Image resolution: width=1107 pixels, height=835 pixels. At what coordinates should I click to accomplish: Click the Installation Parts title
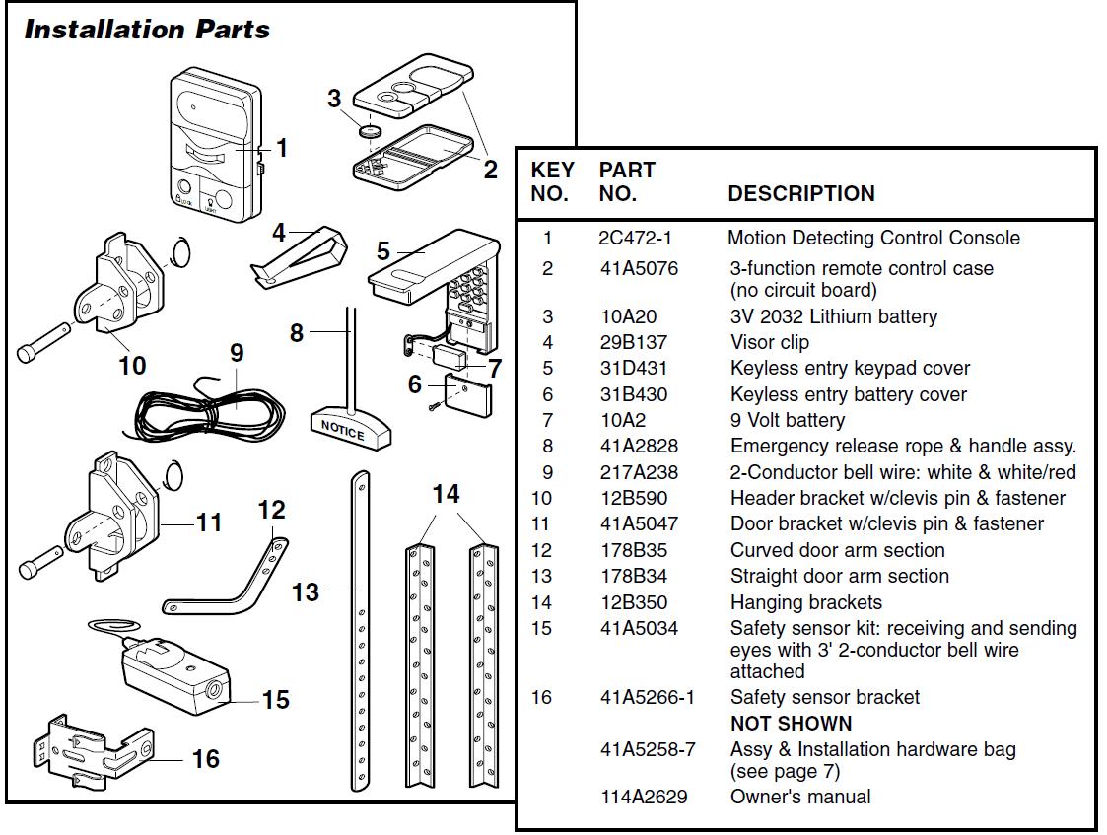147,30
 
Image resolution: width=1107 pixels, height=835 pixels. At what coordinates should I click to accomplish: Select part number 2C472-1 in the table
635,238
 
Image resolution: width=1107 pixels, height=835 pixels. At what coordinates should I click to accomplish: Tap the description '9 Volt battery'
787,420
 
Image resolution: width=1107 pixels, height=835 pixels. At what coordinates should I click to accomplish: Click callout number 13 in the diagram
306,591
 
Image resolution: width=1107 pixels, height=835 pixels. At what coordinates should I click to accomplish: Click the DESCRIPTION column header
800,193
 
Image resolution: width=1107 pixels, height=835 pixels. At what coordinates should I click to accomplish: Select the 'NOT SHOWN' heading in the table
791,723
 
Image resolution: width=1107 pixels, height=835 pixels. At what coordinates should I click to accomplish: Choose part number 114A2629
644,797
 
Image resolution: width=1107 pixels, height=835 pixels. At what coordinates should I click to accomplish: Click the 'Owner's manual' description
800,797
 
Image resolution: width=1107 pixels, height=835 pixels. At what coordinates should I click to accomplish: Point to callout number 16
205,759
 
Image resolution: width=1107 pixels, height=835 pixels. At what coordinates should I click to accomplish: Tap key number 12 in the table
542,550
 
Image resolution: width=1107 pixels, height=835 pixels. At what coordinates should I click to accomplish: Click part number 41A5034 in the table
639,628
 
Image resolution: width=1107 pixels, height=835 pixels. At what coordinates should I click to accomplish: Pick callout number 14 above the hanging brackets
446,493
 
